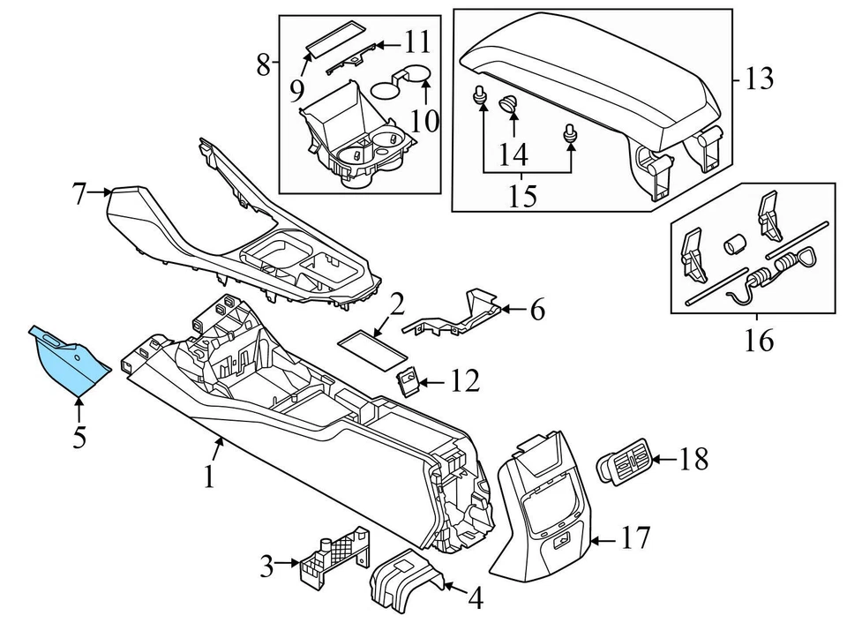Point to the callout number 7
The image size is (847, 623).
(79, 192)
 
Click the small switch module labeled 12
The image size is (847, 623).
(409, 381)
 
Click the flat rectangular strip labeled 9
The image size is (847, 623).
(337, 38)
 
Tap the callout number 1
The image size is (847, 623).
(208, 477)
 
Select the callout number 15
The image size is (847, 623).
(522, 195)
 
